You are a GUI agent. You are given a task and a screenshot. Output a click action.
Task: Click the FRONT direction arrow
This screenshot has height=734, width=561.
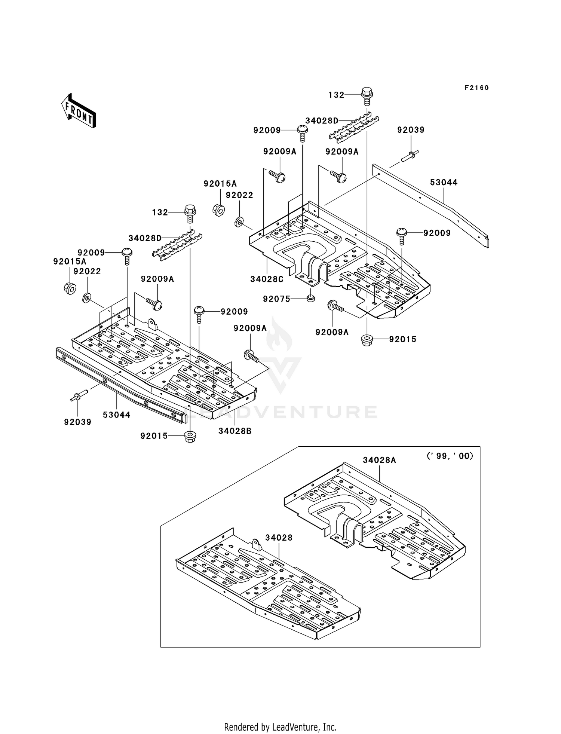[x=79, y=111]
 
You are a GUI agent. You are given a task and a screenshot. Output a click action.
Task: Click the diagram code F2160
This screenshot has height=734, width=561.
[x=476, y=88]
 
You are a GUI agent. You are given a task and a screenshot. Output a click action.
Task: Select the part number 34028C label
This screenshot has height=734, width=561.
[x=267, y=279]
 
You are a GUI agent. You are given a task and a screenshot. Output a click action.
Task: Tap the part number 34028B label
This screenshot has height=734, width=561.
[x=235, y=431]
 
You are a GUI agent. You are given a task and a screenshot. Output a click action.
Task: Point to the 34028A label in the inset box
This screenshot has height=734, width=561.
[x=379, y=460]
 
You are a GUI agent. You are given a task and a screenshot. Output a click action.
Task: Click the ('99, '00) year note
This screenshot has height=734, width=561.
[x=450, y=456]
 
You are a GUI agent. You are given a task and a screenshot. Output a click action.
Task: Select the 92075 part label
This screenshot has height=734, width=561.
[x=276, y=299]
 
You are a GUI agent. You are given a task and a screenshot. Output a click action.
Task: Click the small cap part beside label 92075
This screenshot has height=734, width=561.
[x=310, y=298]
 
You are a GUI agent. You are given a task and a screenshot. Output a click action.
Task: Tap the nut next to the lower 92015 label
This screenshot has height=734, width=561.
[x=190, y=437]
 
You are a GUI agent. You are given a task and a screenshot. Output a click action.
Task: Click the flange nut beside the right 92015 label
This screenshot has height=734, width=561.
[x=367, y=340]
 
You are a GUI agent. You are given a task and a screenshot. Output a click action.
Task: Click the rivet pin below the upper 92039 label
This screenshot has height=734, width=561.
[x=410, y=156]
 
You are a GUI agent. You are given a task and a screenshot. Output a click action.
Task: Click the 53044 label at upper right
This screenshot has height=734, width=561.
[x=444, y=183]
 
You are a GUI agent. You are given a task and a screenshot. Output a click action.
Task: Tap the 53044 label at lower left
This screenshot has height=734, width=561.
[x=117, y=415]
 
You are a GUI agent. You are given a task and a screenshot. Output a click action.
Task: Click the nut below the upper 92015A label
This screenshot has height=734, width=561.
[x=219, y=210]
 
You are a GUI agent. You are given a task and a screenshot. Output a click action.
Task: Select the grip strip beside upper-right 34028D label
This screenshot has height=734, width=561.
[x=353, y=128]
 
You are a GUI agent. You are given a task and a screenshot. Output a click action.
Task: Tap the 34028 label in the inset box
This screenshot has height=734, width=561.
[x=279, y=538]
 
